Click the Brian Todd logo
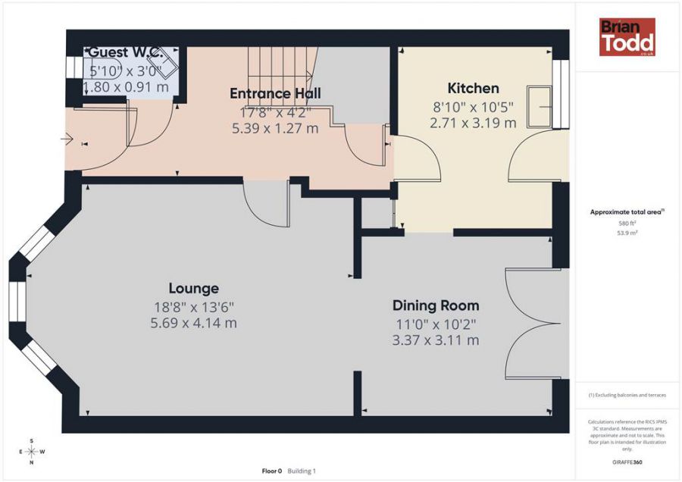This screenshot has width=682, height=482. (x=627, y=37)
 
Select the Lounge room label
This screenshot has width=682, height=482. (x=193, y=289)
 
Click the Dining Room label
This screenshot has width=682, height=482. (x=435, y=305)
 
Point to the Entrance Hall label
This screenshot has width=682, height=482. (x=275, y=93)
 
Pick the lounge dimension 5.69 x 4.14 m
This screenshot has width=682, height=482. (x=193, y=324)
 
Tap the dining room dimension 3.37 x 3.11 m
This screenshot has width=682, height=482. (x=435, y=340)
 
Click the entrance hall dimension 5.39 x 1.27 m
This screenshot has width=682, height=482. (x=274, y=128)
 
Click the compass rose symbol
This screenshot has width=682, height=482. (x=31, y=452)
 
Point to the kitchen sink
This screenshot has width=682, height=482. (x=540, y=105)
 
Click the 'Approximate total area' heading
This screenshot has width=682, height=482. (x=627, y=213)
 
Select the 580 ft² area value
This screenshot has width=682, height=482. (x=627, y=224)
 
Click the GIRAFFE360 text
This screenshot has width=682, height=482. (x=627, y=462)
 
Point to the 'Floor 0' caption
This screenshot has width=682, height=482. (x=271, y=471)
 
